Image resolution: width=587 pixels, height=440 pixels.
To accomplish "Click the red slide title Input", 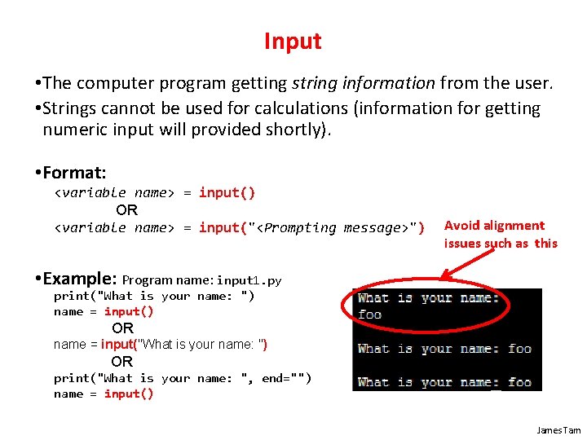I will pos(293,42).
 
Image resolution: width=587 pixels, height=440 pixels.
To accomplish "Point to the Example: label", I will pos(78,278).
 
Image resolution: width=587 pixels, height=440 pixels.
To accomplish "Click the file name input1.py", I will pos(249,280).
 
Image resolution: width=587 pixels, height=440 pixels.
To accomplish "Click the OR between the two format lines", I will pos(126,210).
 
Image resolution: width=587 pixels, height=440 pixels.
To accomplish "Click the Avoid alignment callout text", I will pos(494,226).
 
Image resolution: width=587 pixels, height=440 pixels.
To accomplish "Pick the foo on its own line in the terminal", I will pos(369,315).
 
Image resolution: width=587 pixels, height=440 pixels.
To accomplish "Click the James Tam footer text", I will pos(558,429).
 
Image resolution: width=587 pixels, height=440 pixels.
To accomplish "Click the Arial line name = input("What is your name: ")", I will pos(160,344).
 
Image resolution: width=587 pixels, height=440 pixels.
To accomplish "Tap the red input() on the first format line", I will pos(227,193).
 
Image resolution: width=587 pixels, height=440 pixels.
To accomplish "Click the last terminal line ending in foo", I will pos(444,382).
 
